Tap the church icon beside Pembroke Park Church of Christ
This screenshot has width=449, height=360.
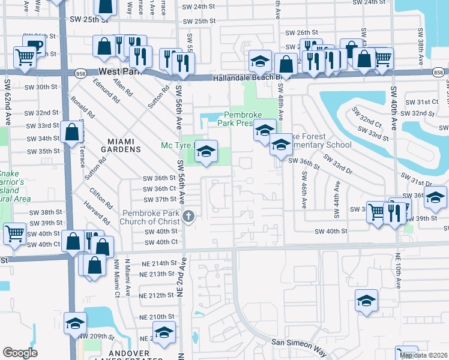tap(189, 217)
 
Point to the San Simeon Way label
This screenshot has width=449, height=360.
tap(299, 344)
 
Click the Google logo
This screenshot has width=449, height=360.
tap(20, 353)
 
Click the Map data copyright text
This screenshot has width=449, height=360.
tap(424, 355)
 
